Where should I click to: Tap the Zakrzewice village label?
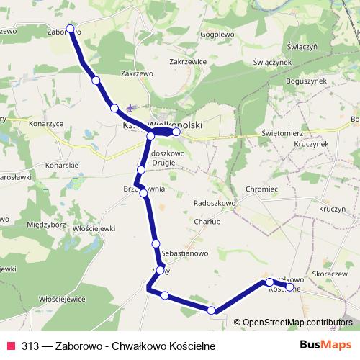point(188,62)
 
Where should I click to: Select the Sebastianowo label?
point(186,254)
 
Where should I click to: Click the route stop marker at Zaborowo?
point(71,29)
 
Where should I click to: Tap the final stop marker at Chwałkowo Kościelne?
point(290,287)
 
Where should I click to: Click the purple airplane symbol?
point(130,109)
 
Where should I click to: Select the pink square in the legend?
point(11,346)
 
